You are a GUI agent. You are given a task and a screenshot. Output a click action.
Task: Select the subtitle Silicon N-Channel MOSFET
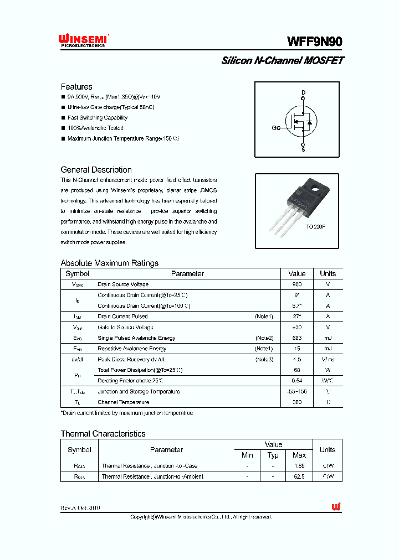point(282,61)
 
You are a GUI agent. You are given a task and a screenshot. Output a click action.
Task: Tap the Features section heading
point(76,87)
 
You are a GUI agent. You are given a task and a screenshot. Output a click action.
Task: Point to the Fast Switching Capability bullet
point(98,118)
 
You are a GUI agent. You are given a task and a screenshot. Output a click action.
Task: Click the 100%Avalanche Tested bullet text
point(95,128)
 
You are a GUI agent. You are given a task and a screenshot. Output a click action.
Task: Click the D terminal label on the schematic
point(303,92)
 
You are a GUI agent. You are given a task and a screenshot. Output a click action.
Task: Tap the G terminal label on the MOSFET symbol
point(274,128)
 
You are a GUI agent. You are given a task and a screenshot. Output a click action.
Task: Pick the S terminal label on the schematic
point(303,149)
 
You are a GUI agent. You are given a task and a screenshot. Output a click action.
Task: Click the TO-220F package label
point(315,227)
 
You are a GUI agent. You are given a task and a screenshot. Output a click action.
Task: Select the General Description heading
point(96,170)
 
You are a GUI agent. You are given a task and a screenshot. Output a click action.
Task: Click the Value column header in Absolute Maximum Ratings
point(297,274)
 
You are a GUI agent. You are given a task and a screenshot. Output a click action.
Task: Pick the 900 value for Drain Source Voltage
point(297,284)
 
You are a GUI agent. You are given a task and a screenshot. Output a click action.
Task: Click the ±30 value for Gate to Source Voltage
point(297,327)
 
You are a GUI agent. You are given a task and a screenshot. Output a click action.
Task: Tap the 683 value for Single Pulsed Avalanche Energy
point(297,338)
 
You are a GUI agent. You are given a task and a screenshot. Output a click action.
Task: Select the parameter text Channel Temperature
point(123,402)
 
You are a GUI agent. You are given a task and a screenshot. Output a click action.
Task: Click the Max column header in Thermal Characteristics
point(299,455)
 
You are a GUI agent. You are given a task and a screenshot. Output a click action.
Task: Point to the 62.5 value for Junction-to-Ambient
point(299,476)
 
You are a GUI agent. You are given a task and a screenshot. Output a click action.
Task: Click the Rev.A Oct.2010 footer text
point(80,508)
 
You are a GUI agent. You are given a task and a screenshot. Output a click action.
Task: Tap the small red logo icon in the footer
point(336,507)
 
